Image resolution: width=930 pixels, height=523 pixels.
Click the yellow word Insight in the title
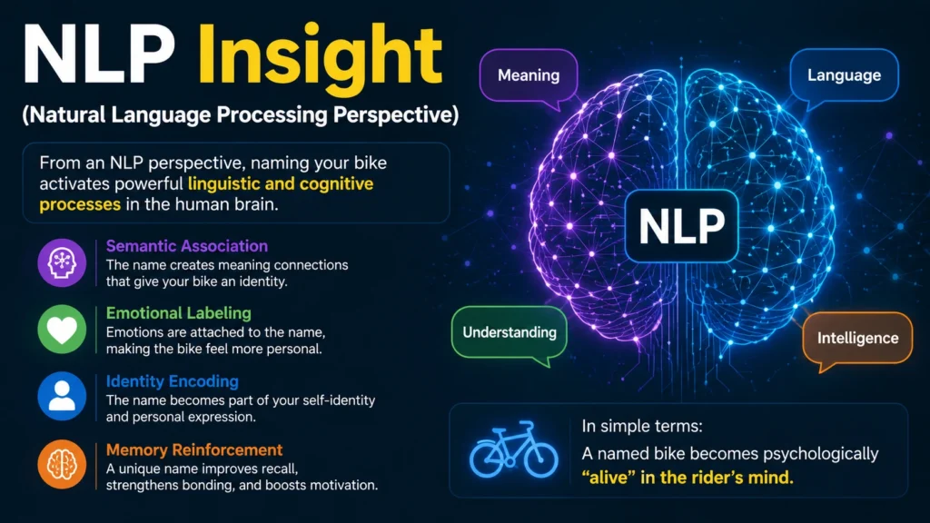(320, 55)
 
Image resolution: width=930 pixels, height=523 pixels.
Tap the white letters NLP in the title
(99, 54)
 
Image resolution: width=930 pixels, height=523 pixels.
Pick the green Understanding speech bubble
(510, 334)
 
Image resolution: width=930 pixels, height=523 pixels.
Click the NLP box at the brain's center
(681, 226)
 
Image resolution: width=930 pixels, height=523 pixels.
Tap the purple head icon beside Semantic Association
(62, 262)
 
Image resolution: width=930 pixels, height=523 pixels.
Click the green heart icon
(62, 330)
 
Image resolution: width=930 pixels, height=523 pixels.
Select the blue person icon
(62, 396)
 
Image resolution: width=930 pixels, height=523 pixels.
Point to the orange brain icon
(62, 464)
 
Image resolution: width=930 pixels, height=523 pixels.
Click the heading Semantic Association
(187, 246)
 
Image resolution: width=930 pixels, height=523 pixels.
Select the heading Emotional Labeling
(179, 313)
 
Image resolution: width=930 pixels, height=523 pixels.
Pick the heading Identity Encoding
(173, 381)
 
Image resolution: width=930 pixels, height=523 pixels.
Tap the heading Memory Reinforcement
(194, 449)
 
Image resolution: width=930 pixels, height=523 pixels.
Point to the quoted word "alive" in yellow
(608, 478)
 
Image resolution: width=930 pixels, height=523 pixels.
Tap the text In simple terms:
(642, 426)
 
